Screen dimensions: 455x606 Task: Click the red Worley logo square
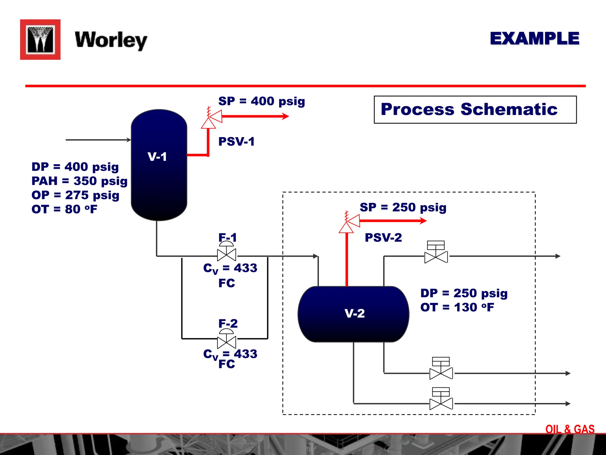click(x=40, y=39)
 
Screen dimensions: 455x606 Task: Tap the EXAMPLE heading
click(x=534, y=39)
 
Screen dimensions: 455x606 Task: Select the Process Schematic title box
click(x=475, y=110)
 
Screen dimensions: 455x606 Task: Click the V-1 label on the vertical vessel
click(x=157, y=156)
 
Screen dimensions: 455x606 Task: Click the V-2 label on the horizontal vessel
click(x=354, y=313)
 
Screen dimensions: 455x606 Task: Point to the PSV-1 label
click(x=236, y=142)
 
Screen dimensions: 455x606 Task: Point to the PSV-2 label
click(x=383, y=238)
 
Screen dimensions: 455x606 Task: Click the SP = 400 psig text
click(x=262, y=101)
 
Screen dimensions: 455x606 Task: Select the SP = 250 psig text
click(x=403, y=207)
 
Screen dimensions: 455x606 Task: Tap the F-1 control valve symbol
click(x=227, y=254)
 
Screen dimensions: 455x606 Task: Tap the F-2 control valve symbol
click(x=227, y=342)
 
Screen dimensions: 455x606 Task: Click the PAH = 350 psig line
click(x=79, y=181)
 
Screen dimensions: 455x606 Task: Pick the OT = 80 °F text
click(x=65, y=209)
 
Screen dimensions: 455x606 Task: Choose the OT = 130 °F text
click(x=457, y=307)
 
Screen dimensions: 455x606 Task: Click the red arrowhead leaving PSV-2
click(x=423, y=221)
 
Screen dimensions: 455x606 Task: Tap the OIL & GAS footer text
click(x=570, y=429)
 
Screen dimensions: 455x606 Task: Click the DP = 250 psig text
click(x=464, y=293)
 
